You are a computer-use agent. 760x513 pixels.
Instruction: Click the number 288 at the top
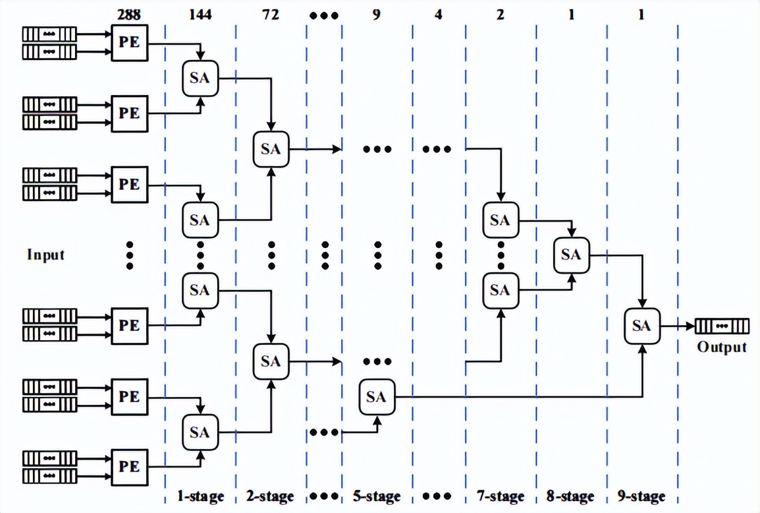[129, 13]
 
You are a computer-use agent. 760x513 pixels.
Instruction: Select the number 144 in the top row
[200, 13]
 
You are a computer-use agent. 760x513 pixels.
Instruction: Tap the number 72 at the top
[271, 13]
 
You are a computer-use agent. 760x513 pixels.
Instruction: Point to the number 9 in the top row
[376, 13]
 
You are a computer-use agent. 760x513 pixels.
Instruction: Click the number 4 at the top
[439, 13]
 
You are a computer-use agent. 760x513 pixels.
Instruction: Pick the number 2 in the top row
[501, 13]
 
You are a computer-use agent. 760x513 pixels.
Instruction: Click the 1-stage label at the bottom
[200, 496]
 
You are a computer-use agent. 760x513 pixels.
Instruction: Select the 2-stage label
[271, 496]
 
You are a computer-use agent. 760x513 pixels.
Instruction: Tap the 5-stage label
[376, 496]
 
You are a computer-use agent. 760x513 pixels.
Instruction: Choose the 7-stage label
[501, 496]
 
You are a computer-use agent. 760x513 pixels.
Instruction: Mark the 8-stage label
[571, 496]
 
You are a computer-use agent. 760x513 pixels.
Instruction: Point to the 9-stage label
[641, 496]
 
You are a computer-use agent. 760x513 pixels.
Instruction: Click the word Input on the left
[46, 254]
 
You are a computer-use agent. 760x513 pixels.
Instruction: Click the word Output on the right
[722, 347]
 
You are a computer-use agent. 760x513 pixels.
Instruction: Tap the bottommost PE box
[129, 466]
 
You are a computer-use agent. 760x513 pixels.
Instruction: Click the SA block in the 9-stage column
[641, 325]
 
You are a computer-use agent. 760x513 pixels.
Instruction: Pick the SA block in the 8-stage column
[571, 255]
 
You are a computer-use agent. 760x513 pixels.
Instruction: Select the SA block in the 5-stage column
[376, 396]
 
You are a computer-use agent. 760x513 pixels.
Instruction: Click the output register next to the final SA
[722, 326]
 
